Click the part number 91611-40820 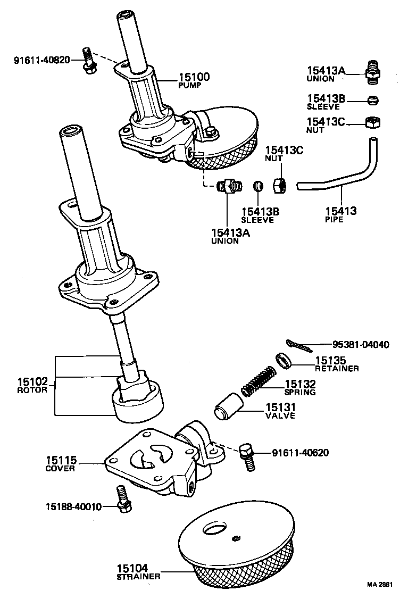pos(41,60)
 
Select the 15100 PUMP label pos(193,80)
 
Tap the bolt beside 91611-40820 pos(88,60)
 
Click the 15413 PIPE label pos(341,214)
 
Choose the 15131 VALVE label pos(280,411)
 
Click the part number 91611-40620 pos(300,453)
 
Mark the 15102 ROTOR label pos(32,385)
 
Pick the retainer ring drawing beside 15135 pos(285,361)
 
